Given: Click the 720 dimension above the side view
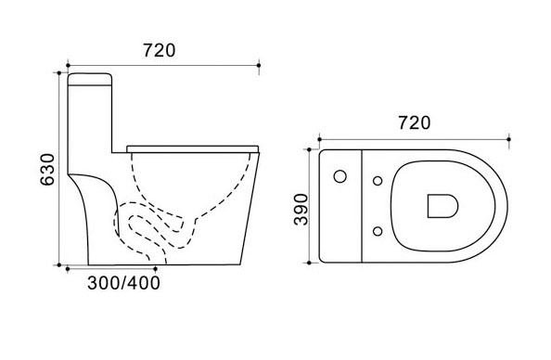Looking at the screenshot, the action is (x=159, y=51).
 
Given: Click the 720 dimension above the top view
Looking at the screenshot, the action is (x=415, y=123).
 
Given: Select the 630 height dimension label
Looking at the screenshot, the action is (x=48, y=170).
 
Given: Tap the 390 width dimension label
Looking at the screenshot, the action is (x=301, y=209).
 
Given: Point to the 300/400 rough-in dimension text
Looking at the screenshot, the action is (x=123, y=283).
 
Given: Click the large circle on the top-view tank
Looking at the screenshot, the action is (x=340, y=176).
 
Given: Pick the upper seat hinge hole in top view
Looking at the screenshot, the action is (x=378, y=181).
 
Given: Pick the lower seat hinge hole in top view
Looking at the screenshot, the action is (x=378, y=231).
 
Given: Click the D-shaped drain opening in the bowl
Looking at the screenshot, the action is (x=442, y=206).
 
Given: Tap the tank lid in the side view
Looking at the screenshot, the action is (x=90, y=79).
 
